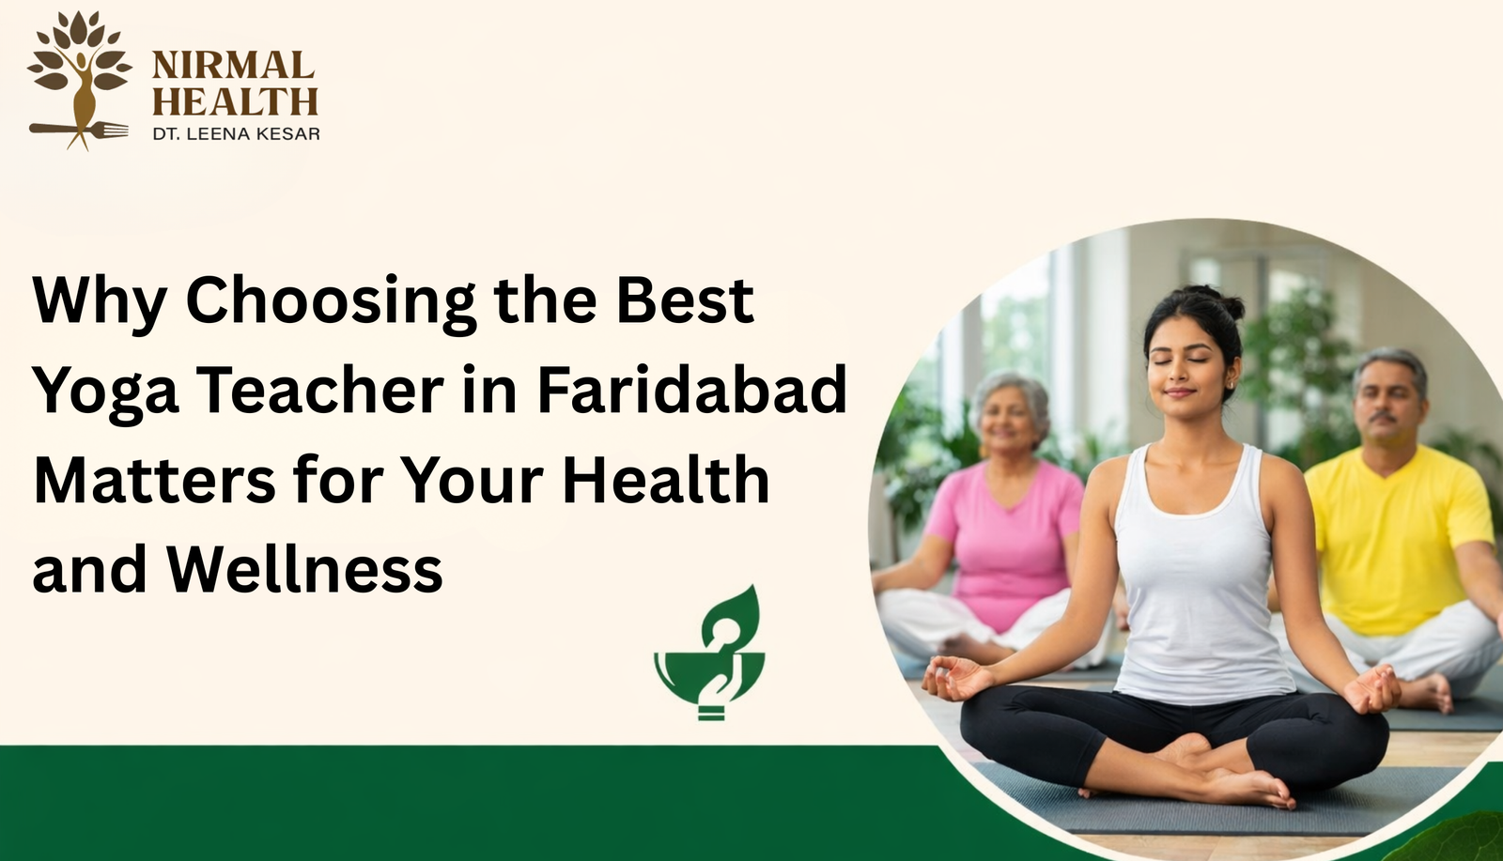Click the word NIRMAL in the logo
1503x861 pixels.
(233, 65)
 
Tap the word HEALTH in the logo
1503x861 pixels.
(235, 100)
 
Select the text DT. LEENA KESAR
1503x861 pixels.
(236, 133)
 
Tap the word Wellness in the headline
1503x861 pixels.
(304, 569)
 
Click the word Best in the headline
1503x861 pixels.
(685, 300)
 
